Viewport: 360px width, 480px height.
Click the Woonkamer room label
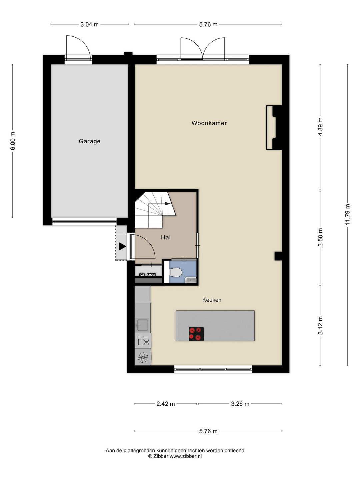(x=209, y=123)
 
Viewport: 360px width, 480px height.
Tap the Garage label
(x=90, y=141)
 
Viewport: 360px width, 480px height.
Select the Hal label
(x=166, y=237)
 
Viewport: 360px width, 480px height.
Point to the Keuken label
(x=212, y=300)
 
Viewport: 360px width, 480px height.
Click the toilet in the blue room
(x=175, y=272)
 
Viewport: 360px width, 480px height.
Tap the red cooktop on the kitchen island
(x=196, y=334)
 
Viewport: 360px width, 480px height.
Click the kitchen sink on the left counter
(x=143, y=325)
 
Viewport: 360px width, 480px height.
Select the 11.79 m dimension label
(x=348, y=214)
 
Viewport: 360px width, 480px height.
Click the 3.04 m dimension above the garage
(x=89, y=24)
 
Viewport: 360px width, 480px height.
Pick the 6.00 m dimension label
(x=13, y=141)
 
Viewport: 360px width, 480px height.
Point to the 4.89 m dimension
(x=320, y=127)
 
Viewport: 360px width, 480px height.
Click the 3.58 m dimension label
(x=320, y=237)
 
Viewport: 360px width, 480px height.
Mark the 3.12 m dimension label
(x=320, y=325)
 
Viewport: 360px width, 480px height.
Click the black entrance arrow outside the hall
(x=122, y=246)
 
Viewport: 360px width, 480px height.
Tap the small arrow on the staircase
(x=167, y=204)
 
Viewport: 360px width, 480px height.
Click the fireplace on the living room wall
(x=274, y=128)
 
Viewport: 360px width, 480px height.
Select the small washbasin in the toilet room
(x=190, y=280)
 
